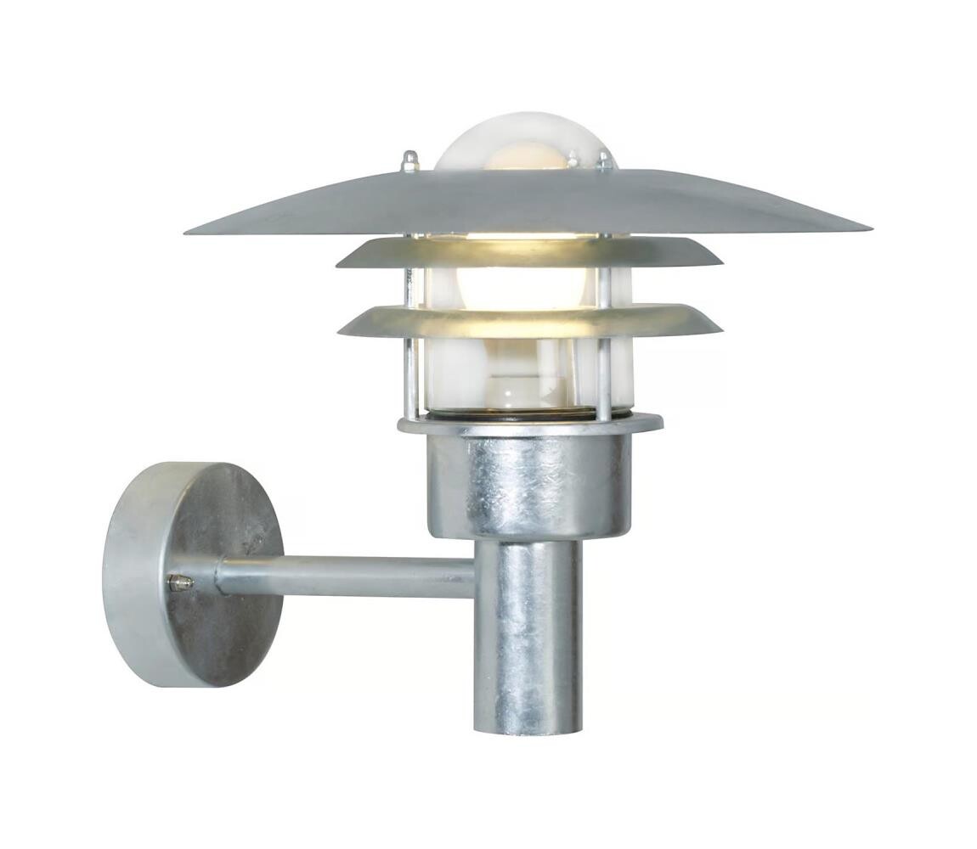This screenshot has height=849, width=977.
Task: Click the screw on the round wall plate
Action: tap(179, 582)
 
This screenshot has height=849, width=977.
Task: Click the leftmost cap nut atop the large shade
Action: tap(410, 160)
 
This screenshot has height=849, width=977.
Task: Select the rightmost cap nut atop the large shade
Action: tap(604, 160)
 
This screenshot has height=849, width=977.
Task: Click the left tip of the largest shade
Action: tap(189, 230)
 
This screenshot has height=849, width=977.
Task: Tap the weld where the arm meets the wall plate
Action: tap(219, 577)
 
